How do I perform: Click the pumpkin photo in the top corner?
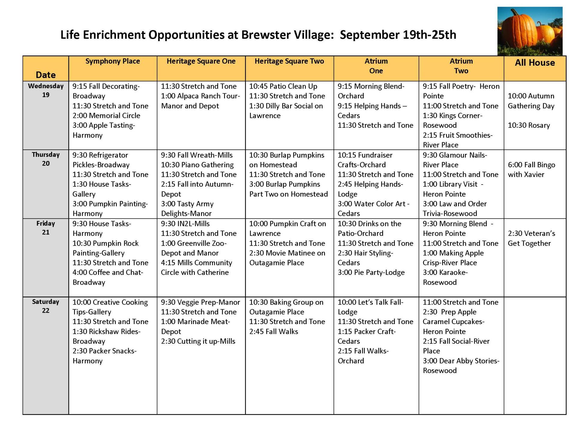(x=530, y=31)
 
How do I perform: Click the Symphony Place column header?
(x=112, y=61)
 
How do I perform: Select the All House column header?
(x=535, y=63)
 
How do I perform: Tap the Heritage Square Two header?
(x=289, y=61)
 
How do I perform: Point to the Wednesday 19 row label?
(x=46, y=90)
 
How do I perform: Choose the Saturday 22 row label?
(x=46, y=306)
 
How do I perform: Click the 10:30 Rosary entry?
(x=529, y=125)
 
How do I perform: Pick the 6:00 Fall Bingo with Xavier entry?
(x=531, y=170)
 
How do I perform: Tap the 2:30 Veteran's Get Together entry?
(x=531, y=238)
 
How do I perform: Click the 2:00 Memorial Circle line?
(x=106, y=116)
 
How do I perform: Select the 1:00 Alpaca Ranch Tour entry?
(x=200, y=101)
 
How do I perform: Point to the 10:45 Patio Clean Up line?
(x=283, y=86)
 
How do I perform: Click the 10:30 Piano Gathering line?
(x=197, y=165)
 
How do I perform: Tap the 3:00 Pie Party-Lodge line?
(x=371, y=272)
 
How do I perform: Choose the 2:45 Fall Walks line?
(x=274, y=332)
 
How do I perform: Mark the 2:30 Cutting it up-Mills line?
(x=198, y=341)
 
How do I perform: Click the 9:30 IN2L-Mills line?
(x=185, y=224)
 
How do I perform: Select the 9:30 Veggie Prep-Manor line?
(x=200, y=302)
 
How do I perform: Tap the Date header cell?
(x=46, y=75)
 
